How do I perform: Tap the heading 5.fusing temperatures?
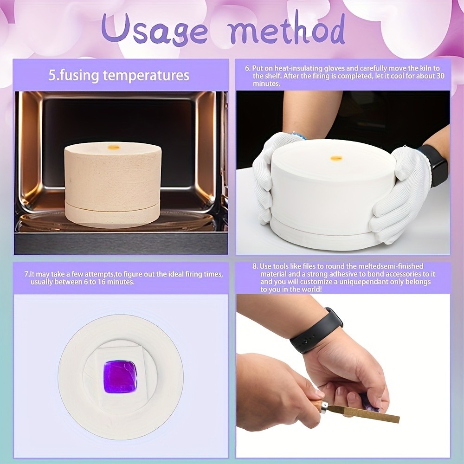119,75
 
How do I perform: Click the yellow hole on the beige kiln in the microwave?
114,147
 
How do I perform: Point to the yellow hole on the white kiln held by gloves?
336,159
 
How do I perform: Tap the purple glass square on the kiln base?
120,376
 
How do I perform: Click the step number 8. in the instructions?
255,266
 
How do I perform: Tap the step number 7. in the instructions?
27,275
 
